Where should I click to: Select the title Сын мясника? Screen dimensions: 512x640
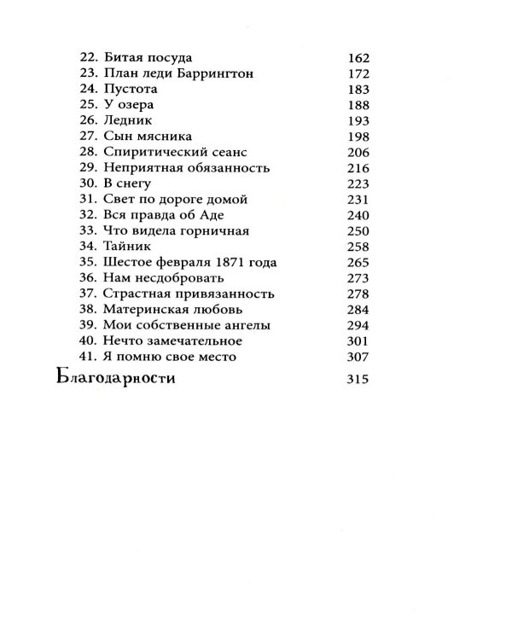click(x=146, y=137)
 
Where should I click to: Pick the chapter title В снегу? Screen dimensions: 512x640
click(x=129, y=183)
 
